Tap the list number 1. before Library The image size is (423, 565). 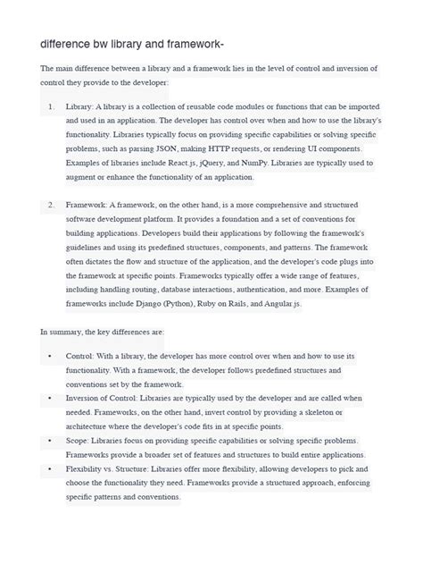(x=50, y=106)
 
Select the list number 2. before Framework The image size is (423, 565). (x=50, y=205)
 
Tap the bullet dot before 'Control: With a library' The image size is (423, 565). (x=49, y=356)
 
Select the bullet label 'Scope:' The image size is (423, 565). (x=79, y=441)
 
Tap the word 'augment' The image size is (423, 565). (x=81, y=177)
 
